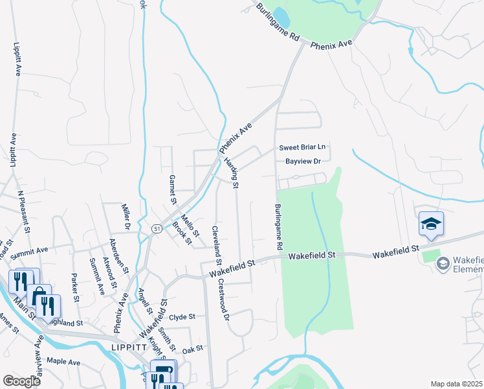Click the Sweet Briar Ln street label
tap(302, 148)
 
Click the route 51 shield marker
tap(157, 228)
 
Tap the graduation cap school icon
tap(431, 224)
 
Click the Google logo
tap(22, 381)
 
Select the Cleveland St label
tap(217, 245)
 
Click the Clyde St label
tap(182, 317)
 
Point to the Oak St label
tap(193, 349)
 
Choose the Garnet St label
tap(173, 189)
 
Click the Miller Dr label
tap(127, 217)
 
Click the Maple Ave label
tap(63, 361)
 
